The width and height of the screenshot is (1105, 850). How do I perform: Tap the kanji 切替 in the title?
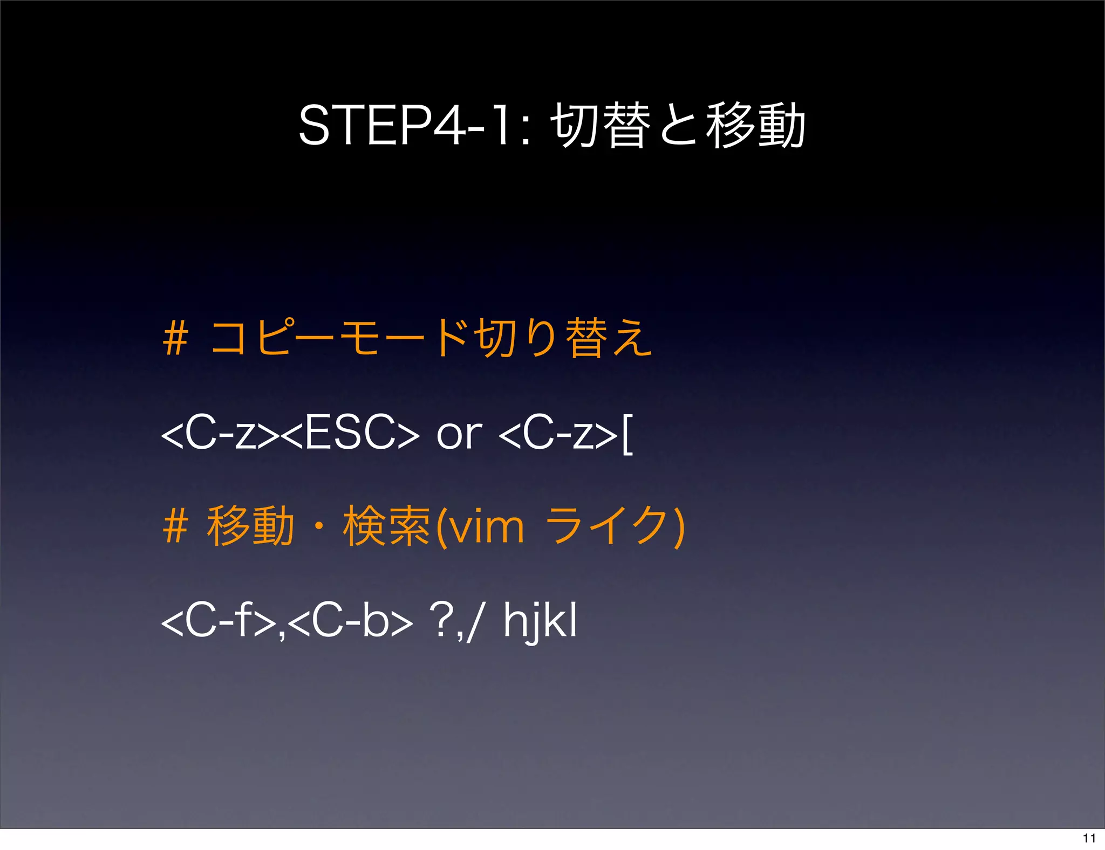pyautogui.click(x=600, y=126)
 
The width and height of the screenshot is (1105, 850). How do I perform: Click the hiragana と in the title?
pyautogui.click(x=678, y=126)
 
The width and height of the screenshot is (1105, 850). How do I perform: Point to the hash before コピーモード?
pyautogui.click(x=175, y=338)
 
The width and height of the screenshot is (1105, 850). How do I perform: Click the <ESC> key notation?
pyautogui.click(x=350, y=433)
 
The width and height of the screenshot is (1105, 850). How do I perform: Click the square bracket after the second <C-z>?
pyautogui.click(x=627, y=434)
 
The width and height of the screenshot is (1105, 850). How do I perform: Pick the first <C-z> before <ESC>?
pyautogui.click(x=221, y=433)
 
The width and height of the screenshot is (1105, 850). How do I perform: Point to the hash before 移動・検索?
pyautogui.click(x=175, y=526)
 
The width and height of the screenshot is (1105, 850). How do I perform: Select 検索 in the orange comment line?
pyautogui.click(x=386, y=526)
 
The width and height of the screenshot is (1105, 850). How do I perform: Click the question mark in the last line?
pyautogui.click(x=441, y=621)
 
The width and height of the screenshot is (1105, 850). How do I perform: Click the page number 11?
pyautogui.click(x=1089, y=838)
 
